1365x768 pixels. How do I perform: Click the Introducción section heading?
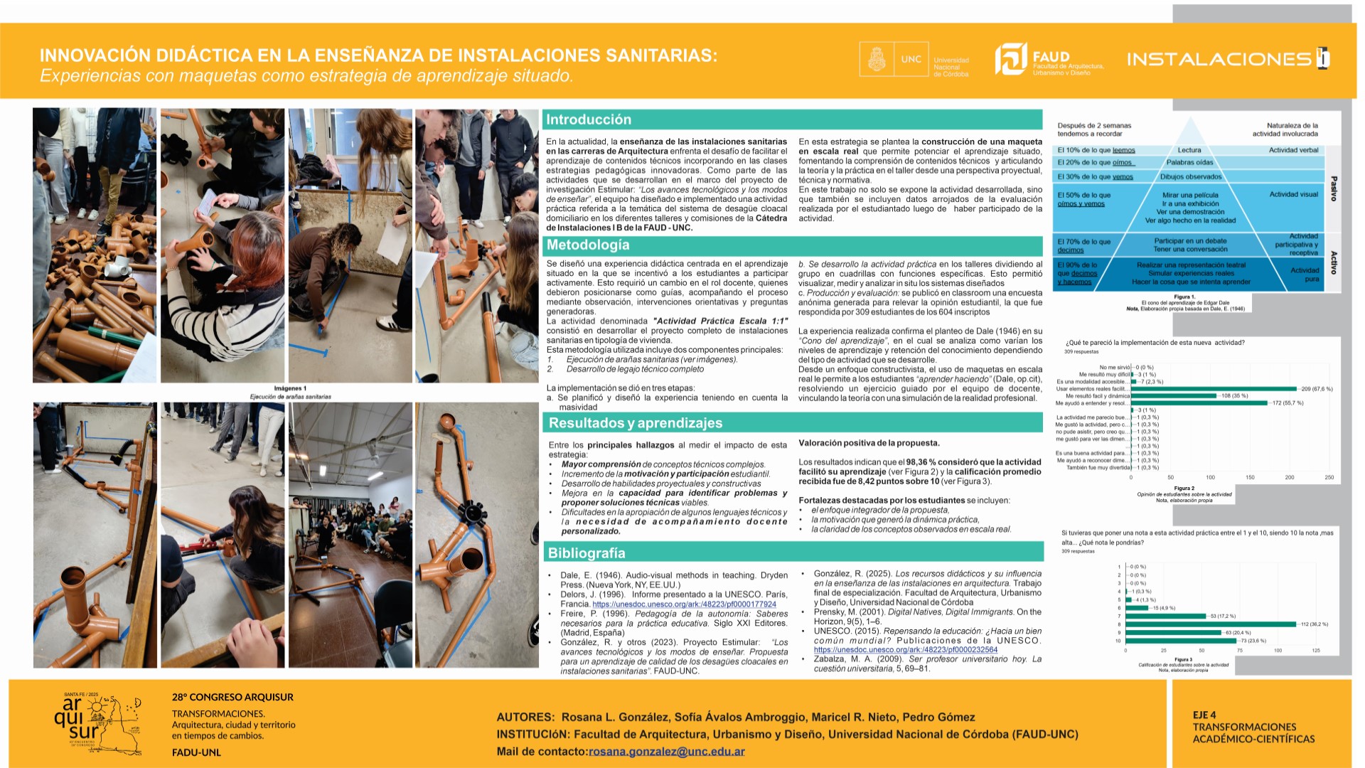589,119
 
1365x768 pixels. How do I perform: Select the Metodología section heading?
588,245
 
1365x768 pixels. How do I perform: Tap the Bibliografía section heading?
587,553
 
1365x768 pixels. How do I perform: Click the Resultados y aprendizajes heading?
635,423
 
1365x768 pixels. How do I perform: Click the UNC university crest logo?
876,59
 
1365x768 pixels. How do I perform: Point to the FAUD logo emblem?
1010,59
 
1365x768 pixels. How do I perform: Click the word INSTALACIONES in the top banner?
1219,59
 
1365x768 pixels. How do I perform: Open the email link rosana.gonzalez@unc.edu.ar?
666,752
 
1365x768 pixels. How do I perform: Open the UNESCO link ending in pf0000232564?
905,649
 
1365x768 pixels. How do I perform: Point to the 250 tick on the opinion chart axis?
1329,477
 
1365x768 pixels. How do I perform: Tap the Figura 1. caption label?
1184,297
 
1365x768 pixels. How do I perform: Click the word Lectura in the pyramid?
1189,150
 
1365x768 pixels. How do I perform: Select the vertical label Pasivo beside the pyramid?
1334,188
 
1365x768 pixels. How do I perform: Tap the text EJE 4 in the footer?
1204,715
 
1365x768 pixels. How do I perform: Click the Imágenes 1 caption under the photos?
290,388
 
